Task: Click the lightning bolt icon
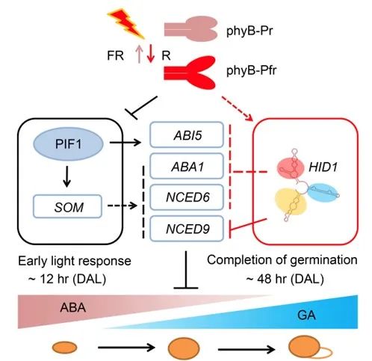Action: tap(126, 25)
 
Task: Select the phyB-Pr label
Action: tap(249, 31)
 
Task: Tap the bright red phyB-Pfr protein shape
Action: tap(190, 72)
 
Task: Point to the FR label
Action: tap(115, 55)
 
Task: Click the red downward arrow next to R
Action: tap(150, 53)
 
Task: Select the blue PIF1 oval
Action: tap(69, 144)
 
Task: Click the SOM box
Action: tap(68, 206)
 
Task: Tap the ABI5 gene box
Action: tap(187, 135)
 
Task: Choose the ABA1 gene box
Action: tap(187, 166)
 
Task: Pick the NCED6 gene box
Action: tap(187, 197)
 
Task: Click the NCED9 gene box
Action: tap(187, 229)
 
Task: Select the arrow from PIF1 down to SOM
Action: tap(66, 176)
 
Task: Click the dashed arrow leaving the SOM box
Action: tap(123, 206)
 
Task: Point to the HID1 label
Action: tap(323, 167)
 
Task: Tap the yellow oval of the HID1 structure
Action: tap(291, 202)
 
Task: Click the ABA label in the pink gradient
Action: tap(73, 307)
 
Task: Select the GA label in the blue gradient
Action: tap(306, 315)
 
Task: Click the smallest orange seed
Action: tap(65, 348)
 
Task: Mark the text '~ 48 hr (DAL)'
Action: tap(285, 279)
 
